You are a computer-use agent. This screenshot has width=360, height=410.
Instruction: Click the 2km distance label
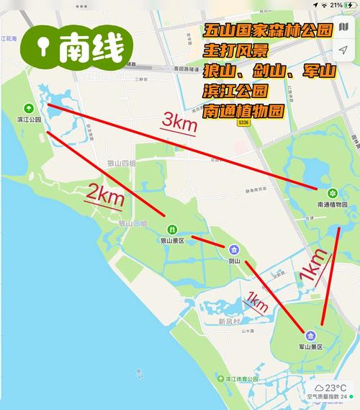coord(106,193)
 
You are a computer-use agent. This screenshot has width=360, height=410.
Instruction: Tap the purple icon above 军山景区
coord(310,335)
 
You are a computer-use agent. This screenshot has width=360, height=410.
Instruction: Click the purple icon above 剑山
coord(233,249)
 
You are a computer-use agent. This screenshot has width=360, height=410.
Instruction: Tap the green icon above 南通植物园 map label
coord(333,193)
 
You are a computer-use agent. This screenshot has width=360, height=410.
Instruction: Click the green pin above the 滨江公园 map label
coord(28,107)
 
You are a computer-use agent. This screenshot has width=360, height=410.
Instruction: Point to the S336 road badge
coord(245,123)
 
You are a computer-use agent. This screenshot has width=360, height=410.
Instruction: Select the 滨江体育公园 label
coord(243,378)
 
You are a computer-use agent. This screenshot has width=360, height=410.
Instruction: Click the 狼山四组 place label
coord(122,164)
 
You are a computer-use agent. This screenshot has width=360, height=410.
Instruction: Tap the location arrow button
coord(343,51)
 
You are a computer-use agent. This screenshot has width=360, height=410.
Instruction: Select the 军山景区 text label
coord(310,347)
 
